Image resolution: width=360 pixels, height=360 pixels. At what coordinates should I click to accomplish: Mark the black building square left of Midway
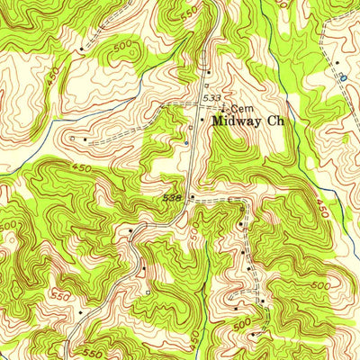pos(202,118)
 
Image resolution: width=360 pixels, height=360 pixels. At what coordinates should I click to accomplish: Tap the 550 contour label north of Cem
pos(186,15)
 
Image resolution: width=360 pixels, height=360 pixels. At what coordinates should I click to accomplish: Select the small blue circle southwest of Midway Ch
pos(186,142)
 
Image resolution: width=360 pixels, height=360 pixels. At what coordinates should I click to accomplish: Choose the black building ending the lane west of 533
pos(85,139)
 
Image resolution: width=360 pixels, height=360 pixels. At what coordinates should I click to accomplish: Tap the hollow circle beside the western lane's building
pos(72,139)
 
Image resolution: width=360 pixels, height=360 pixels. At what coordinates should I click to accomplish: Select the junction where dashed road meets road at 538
pos(191,197)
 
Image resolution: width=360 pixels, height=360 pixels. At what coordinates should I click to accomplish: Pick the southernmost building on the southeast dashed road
pos(253,334)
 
